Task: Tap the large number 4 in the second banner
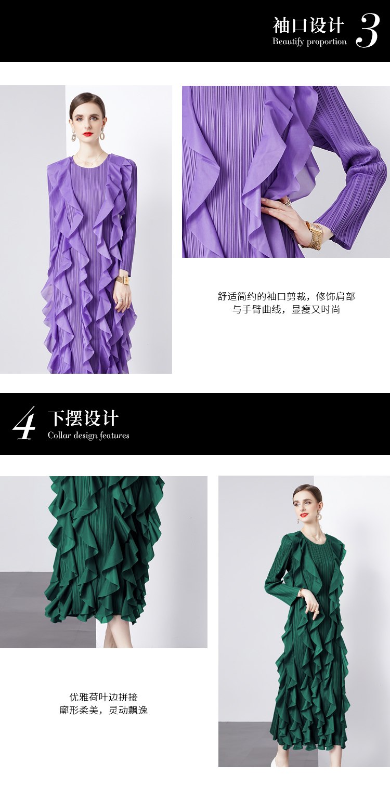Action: click(24, 423)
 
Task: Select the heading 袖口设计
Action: click(308, 25)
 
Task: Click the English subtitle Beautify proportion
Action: click(309, 42)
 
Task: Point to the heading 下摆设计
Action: click(83, 418)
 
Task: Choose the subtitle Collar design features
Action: click(88, 436)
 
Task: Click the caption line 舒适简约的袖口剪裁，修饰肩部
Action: click(286, 297)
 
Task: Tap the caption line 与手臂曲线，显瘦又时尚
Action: click(286, 310)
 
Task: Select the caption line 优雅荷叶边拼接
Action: click(103, 697)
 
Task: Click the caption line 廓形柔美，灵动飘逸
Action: click(103, 710)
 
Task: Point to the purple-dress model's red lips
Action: click(87, 134)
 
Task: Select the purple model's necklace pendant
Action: click(91, 163)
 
